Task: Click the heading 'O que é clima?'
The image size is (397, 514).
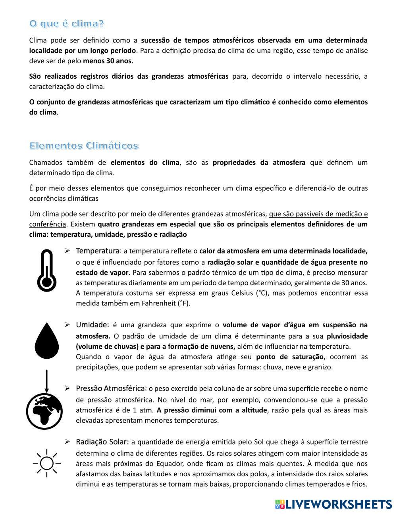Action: [x=67, y=24]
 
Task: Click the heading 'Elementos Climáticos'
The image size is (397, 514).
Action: [x=84, y=146]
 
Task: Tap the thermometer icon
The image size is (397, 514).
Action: [x=46, y=271]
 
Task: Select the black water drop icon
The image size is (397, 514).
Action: [x=46, y=341]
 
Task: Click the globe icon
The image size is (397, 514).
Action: [x=44, y=411]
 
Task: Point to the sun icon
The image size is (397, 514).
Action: [x=46, y=463]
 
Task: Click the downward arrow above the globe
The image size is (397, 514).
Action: [x=46, y=381]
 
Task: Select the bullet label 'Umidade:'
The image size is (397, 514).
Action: [x=92, y=325]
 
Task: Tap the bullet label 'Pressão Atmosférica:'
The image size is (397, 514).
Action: [x=111, y=388]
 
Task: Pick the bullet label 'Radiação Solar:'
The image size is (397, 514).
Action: [x=102, y=442]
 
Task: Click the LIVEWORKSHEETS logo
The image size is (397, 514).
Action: [x=333, y=504]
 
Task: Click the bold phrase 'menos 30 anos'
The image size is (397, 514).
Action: [x=107, y=61]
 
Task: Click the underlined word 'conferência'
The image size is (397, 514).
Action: [x=48, y=224]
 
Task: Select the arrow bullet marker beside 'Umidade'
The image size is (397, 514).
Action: [x=67, y=325]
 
